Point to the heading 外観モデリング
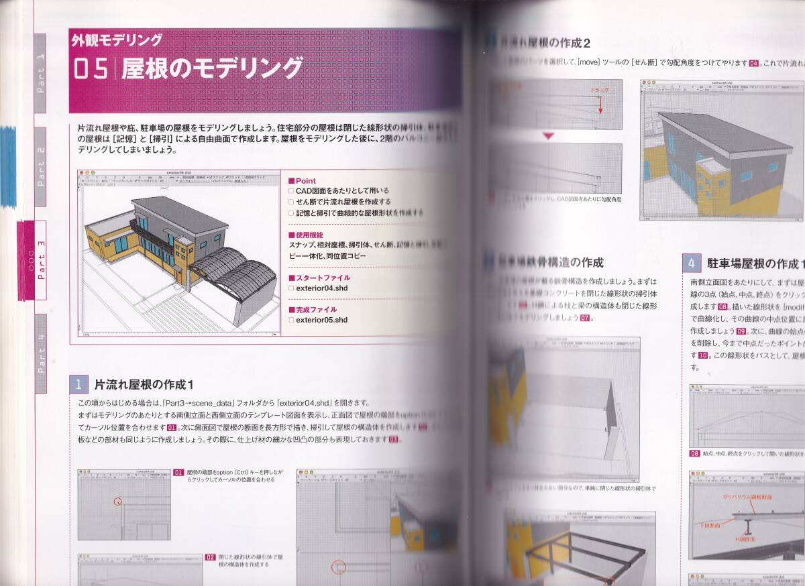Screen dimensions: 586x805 (117, 40)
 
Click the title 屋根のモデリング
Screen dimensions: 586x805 (212, 69)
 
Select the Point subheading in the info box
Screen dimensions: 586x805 (303, 181)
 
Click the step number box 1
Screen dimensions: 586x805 (78, 385)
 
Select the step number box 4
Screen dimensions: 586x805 (692, 261)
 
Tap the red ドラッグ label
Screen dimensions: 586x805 (599, 89)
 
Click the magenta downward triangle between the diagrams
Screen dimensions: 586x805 (549, 136)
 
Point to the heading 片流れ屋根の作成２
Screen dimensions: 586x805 (545, 44)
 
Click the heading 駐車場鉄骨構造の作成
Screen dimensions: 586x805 (550, 262)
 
